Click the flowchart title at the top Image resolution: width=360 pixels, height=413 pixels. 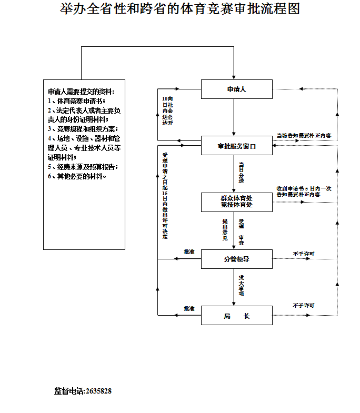pyautogui.click(x=180, y=9)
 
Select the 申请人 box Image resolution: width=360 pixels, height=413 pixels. pyautogui.click(x=236, y=89)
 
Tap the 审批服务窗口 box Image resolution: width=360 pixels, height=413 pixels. pyautogui.click(x=236, y=146)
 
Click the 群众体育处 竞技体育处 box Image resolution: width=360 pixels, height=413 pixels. pyautogui.click(x=236, y=202)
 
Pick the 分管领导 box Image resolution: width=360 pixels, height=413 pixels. pyautogui.click(x=236, y=259)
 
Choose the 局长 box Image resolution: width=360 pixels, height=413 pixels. pyautogui.click(x=236, y=316)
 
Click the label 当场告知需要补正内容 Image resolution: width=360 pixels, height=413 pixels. pyautogui.click(x=304, y=135)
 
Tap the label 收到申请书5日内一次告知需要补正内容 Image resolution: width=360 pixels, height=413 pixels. pyautogui.click(x=304, y=191)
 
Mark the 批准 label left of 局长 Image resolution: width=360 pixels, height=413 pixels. pyautogui.click(x=189, y=308)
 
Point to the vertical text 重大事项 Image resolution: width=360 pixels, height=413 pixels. pyautogui.click(x=241, y=285)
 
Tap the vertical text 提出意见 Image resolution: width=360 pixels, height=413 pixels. pyautogui.click(x=225, y=229)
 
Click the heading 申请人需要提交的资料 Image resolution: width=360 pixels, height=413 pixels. pyautogui.click(x=81, y=91)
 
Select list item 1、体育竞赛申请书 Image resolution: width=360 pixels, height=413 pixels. pyautogui.click(x=77, y=100)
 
